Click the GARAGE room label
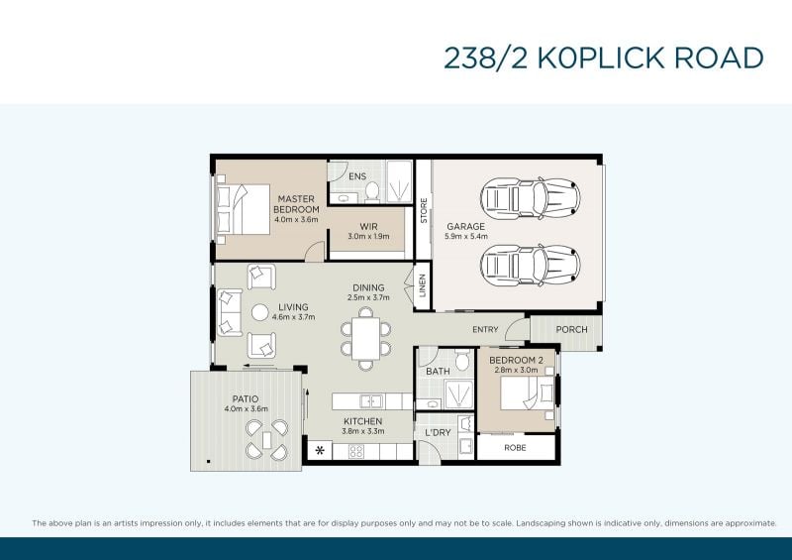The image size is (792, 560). coord(465,227)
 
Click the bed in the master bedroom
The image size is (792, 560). coord(243,209)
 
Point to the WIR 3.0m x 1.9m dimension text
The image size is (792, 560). coord(368,236)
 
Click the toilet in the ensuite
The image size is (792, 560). coord(372,192)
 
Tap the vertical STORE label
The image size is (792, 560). coord(424,210)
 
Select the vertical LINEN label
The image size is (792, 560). coord(423,285)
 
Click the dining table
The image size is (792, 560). coord(365,338)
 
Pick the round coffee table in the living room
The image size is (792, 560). coord(260,312)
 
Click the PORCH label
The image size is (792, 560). coord(572,329)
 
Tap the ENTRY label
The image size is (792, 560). coord(485,330)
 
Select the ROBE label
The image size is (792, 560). coord(515,448)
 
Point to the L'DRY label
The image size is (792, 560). coord(438,432)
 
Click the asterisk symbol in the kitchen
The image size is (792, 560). coord(320,450)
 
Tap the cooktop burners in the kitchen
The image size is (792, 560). coord(356,451)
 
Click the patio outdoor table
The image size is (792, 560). coord(266,440)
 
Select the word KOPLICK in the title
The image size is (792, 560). coord(601,57)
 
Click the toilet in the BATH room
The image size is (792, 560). coord(461,360)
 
